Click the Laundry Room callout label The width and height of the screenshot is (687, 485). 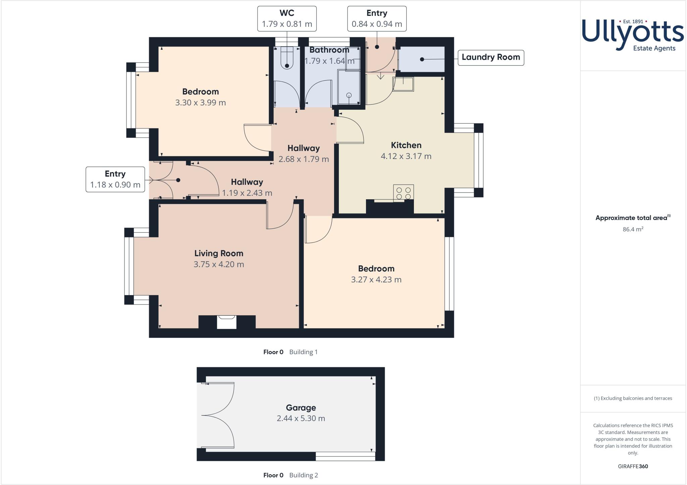click(x=490, y=57)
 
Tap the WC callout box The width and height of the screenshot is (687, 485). click(x=287, y=19)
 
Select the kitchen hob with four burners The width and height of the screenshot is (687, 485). click(x=404, y=193)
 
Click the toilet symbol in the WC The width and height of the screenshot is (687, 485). click(x=287, y=57)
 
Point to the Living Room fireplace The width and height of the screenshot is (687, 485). click(x=227, y=322)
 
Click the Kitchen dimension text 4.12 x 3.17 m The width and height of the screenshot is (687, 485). click(x=406, y=156)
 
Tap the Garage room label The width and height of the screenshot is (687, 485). click(x=301, y=408)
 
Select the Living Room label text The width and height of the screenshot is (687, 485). click(x=219, y=254)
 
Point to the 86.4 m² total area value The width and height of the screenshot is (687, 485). click(x=633, y=229)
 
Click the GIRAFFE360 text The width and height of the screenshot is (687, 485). click(x=633, y=467)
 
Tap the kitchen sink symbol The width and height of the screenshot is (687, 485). click(x=404, y=84)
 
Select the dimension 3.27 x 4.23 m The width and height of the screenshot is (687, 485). click(x=376, y=280)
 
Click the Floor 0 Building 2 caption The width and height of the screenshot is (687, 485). click(x=290, y=475)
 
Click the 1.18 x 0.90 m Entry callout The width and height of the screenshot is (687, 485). click(x=115, y=179)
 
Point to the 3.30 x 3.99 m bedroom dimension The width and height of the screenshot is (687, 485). click(x=200, y=103)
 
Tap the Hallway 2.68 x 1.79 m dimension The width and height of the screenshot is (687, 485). click(x=304, y=159)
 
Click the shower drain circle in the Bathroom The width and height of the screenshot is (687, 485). click(x=349, y=95)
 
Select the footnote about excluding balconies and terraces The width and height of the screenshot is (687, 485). click(x=633, y=398)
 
